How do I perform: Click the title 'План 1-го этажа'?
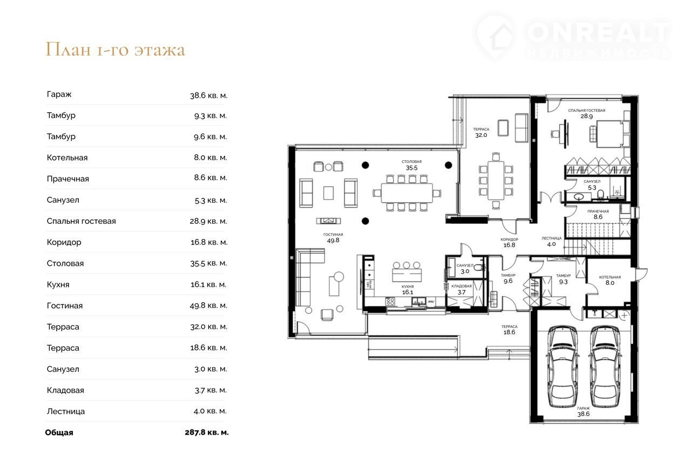click(x=116, y=49)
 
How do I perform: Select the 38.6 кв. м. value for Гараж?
click(x=208, y=95)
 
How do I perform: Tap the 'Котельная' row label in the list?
click(x=67, y=158)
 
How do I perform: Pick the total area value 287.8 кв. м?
click(x=207, y=432)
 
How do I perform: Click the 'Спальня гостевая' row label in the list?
click(x=82, y=221)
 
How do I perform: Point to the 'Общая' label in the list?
click(x=59, y=433)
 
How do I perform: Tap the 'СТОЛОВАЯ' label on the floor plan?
click(x=411, y=161)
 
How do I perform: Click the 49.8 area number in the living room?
click(x=333, y=241)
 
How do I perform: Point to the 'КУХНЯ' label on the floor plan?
click(x=408, y=287)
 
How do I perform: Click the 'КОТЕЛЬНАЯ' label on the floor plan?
click(x=610, y=277)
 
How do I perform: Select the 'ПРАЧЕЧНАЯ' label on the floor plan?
click(x=598, y=211)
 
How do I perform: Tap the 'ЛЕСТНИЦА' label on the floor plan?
click(x=552, y=238)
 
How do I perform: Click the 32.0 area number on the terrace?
click(x=481, y=135)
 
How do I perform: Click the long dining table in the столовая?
click(x=407, y=193)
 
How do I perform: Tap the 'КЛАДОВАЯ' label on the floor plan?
click(x=462, y=286)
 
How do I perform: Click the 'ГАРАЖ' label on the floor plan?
click(x=584, y=408)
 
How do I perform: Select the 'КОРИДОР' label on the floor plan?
click(x=509, y=239)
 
